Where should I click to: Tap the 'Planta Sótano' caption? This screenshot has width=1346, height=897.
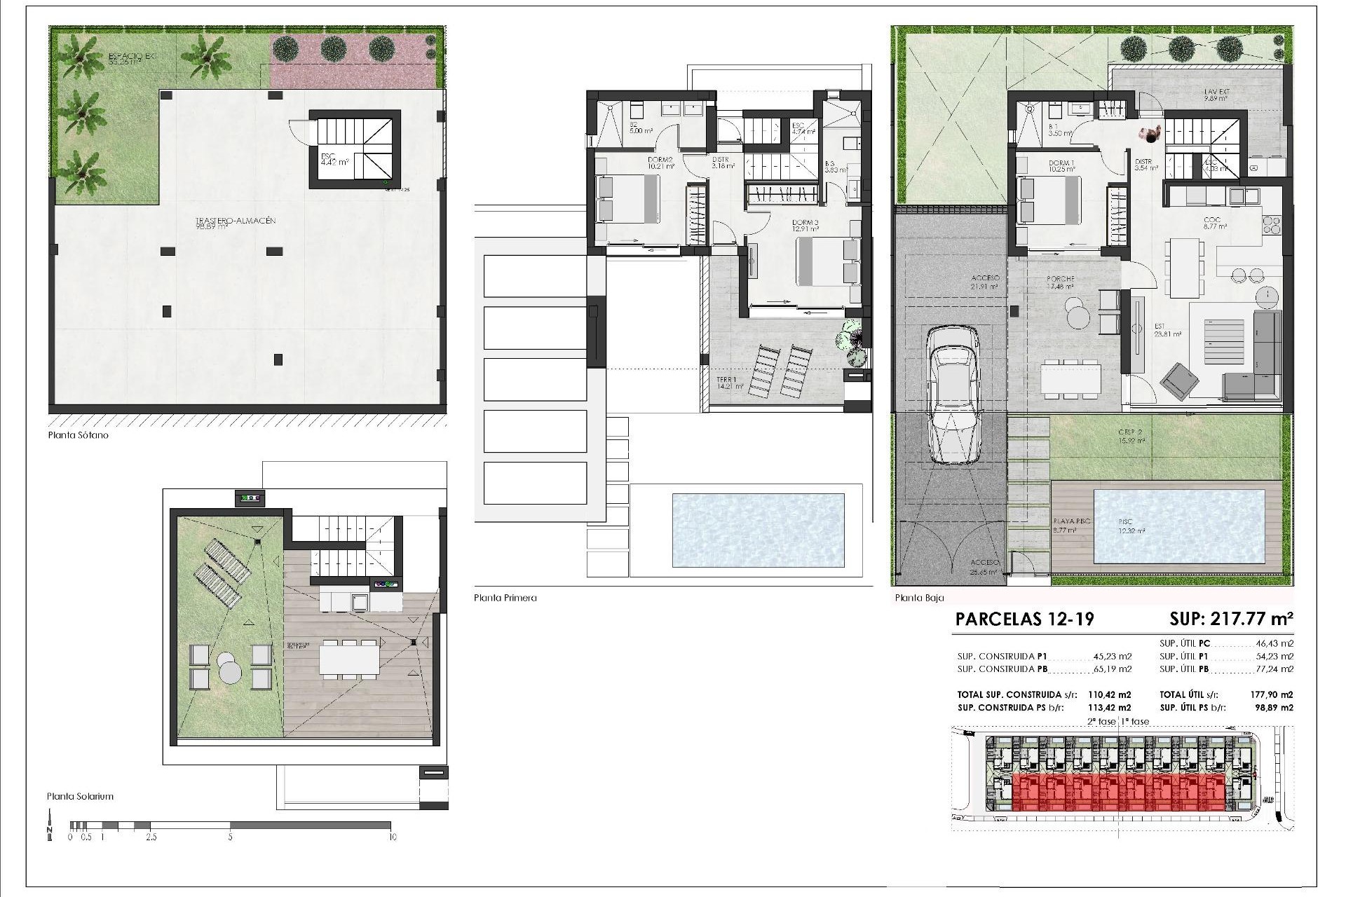tap(79, 435)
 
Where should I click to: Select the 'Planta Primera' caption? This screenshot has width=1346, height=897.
tap(505, 598)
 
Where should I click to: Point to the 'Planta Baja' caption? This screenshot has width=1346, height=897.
tap(919, 598)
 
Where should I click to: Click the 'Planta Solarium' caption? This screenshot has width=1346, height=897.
tap(80, 796)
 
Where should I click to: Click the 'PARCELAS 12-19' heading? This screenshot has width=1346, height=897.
tap(1024, 619)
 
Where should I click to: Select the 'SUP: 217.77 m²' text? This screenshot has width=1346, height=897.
tap(1231, 619)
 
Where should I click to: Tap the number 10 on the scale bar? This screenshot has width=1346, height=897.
tap(393, 837)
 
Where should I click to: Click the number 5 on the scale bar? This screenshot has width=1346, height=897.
tap(230, 837)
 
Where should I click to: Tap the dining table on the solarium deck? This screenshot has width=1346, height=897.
tap(349, 659)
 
